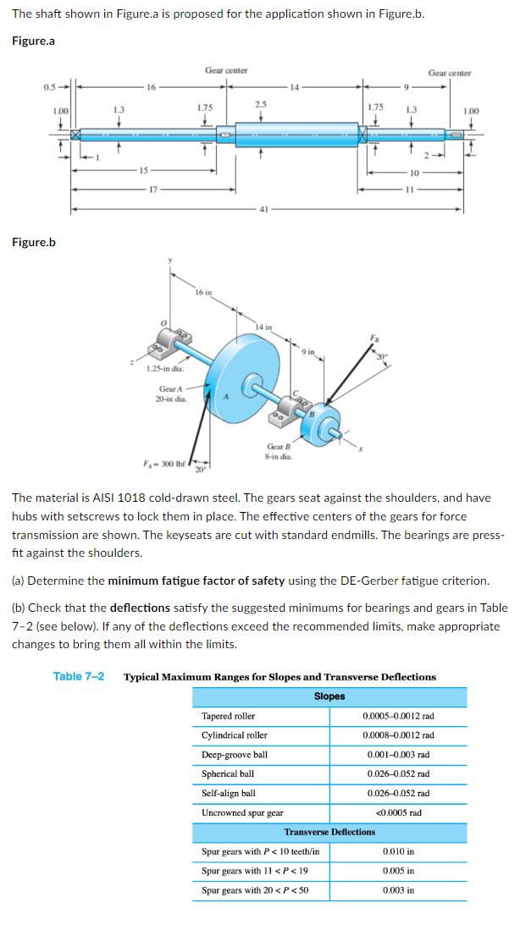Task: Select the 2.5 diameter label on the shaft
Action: coord(260,103)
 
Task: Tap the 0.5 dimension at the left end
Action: coord(50,85)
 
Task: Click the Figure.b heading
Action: coord(34,243)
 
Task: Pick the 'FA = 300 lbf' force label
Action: coord(162,463)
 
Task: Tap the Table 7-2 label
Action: coord(79,676)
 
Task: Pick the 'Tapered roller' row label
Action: coord(229,716)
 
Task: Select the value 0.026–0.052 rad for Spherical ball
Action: coord(398,773)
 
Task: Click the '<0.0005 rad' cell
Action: coord(398,812)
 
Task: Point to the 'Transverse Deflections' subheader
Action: coord(329,832)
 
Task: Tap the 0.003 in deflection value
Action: coord(398,890)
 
